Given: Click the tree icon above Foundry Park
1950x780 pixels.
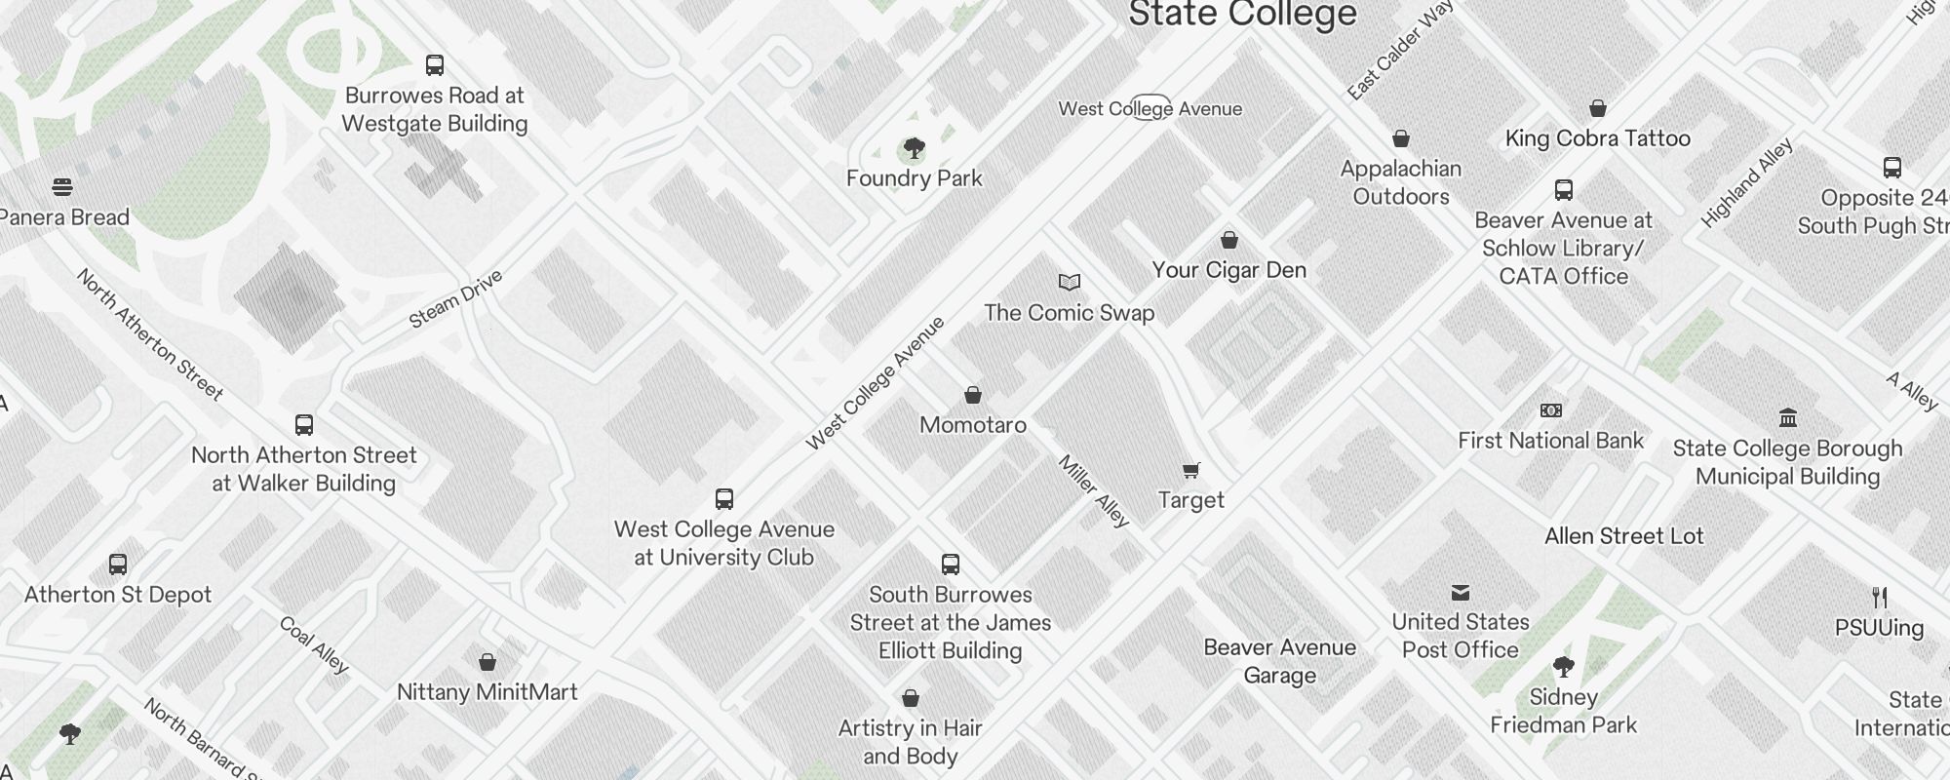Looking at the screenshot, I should [x=914, y=148].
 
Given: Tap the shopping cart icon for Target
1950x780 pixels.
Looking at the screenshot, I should [x=1190, y=471].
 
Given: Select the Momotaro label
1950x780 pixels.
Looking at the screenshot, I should [x=973, y=425].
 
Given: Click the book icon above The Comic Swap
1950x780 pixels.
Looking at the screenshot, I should [x=1070, y=283].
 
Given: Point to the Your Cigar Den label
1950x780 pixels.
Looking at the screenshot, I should [x=1228, y=270].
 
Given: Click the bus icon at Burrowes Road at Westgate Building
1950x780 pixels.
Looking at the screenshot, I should [x=435, y=65].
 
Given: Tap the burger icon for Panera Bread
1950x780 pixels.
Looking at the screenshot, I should [x=62, y=187].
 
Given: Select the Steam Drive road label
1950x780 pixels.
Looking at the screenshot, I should [x=455, y=299].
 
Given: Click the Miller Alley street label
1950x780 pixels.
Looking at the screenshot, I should [x=1094, y=490].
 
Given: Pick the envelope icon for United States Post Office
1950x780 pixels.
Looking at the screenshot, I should [x=1461, y=593].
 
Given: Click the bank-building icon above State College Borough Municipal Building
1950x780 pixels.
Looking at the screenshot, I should [x=1788, y=418].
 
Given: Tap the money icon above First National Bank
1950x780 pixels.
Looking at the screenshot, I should [x=1550, y=410].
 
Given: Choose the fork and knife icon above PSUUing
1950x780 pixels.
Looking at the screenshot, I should [x=1880, y=598].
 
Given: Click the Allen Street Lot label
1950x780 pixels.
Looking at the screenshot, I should [x=1623, y=536].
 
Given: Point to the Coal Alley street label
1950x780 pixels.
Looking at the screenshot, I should [x=313, y=644].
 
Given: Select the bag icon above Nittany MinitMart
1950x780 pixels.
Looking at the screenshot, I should [x=487, y=663].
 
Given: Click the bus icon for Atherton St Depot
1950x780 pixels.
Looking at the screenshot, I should [x=118, y=565].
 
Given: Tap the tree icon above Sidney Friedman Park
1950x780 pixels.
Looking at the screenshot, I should [x=1564, y=668].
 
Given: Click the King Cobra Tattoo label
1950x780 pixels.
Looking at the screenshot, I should [x=1597, y=138].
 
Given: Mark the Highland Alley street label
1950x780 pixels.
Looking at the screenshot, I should [x=1746, y=183].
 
